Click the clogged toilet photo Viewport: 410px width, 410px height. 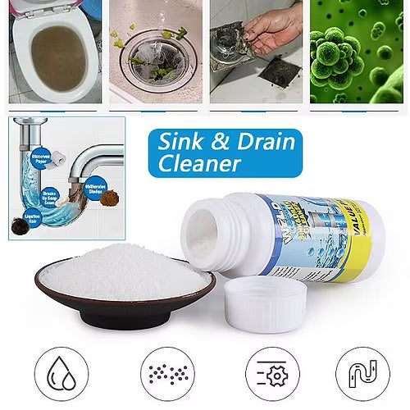coord(50,53)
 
